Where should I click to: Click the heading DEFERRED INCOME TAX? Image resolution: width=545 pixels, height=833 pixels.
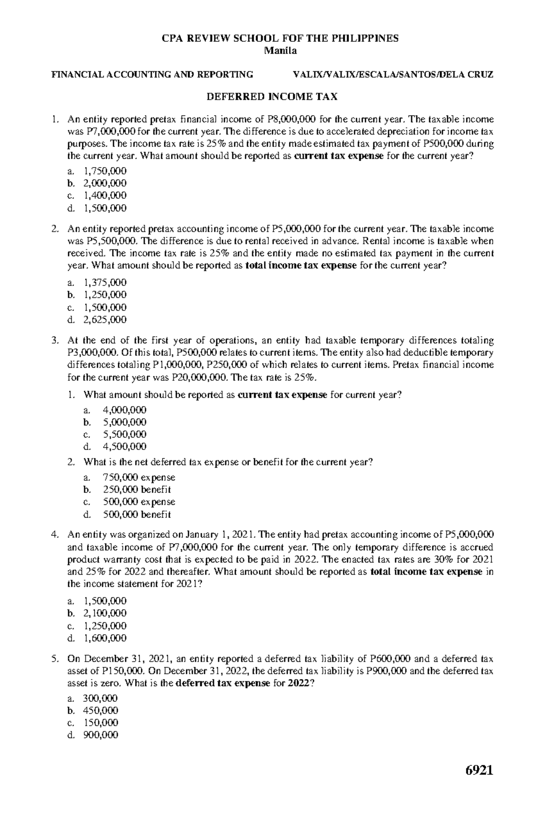pyautogui.click(x=272, y=97)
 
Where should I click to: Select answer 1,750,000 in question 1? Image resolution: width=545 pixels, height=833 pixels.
pyautogui.click(x=105, y=171)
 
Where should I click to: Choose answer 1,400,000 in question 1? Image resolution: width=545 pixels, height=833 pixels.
pyautogui.click(x=105, y=196)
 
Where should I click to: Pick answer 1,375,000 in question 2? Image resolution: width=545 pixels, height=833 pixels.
pyautogui.click(x=105, y=282)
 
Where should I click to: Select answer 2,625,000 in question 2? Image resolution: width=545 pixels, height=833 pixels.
pyautogui.click(x=105, y=320)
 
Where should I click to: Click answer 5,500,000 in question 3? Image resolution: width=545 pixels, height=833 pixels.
pyautogui.click(x=124, y=434)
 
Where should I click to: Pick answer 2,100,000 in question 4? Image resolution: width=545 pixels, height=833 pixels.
pyautogui.click(x=105, y=613)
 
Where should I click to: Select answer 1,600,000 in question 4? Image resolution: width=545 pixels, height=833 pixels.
pyautogui.click(x=105, y=638)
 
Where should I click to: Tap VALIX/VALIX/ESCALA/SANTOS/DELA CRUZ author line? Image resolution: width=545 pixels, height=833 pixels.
pyautogui.click(x=393, y=74)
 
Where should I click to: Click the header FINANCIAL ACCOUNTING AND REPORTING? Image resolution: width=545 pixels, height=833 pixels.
pyautogui.click(x=152, y=74)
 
